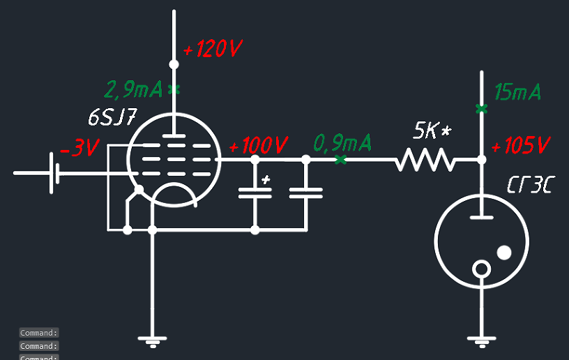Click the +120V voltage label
click(x=212, y=50)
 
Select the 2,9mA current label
click(x=133, y=90)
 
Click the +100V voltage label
click(x=258, y=147)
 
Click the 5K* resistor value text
click(x=432, y=130)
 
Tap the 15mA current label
click(x=517, y=92)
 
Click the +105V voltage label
click(x=521, y=147)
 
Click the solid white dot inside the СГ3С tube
click(x=503, y=252)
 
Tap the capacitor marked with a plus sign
click(x=255, y=193)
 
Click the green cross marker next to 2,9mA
click(x=174, y=89)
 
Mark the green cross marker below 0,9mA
click(x=340, y=160)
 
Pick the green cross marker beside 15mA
click(x=480, y=108)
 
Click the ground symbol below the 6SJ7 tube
click(x=152, y=342)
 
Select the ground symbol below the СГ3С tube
click(x=480, y=342)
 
